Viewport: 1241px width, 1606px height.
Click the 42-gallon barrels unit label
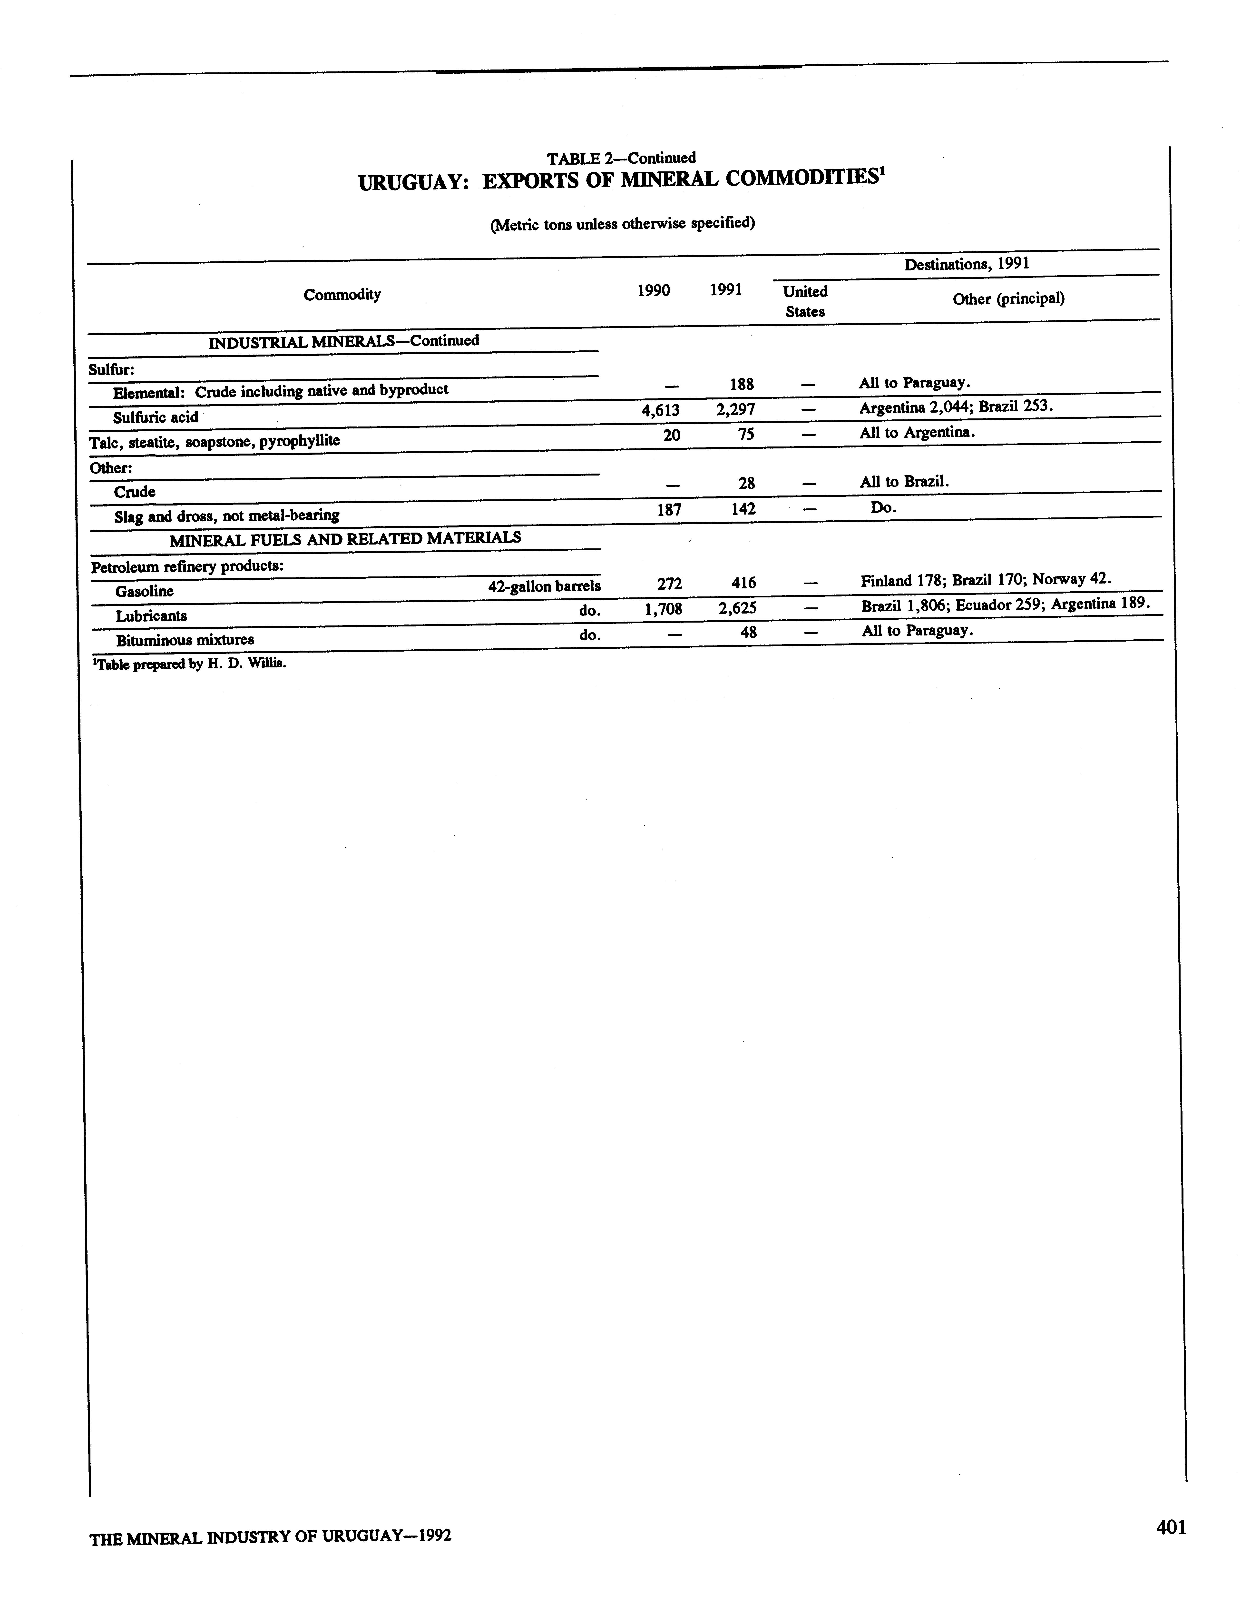(544, 586)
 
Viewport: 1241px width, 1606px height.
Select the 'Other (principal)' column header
(1008, 298)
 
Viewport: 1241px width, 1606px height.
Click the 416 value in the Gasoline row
(743, 583)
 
